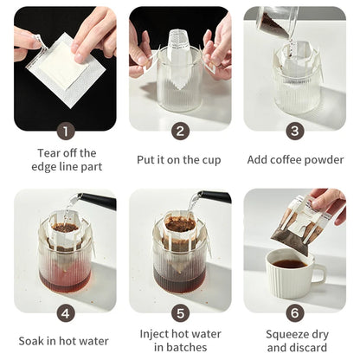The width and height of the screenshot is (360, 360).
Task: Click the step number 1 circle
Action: [x=65, y=131]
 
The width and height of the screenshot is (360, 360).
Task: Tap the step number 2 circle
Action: [x=179, y=131]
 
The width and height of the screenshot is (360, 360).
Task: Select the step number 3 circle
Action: [x=294, y=131]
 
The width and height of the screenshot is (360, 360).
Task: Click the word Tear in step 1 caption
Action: [x=49, y=153]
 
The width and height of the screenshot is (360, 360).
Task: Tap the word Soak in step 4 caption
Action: [x=34, y=341]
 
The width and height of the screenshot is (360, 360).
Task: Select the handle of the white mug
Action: [x=318, y=275]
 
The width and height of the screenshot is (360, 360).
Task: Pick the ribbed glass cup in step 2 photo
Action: [x=179, y=91]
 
